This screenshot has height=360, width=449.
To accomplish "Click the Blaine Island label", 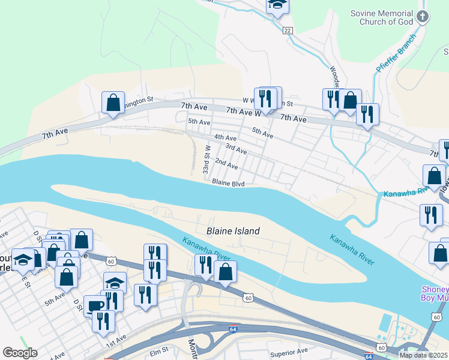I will (233, 231).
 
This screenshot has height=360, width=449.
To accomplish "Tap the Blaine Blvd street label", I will (228, 184).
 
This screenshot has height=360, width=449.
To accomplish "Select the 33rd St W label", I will (206, 159).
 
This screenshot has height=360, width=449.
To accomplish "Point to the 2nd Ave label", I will (226, 163).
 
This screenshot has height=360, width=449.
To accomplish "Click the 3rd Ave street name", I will (236, 148).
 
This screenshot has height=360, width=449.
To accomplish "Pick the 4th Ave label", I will (225, 137).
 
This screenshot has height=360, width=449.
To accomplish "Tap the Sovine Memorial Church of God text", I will (382, 17).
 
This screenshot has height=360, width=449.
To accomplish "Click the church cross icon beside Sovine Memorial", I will (423, 16).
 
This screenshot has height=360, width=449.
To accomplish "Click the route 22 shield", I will (288, 30).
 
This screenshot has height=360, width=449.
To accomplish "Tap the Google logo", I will (20, 353).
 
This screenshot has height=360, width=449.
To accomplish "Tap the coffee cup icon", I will (95, 305).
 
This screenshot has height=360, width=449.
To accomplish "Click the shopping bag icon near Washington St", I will (113, 103).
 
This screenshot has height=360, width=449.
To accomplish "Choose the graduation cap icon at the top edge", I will (277, 5).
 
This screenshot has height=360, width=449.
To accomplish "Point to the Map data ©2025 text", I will (423, 355).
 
